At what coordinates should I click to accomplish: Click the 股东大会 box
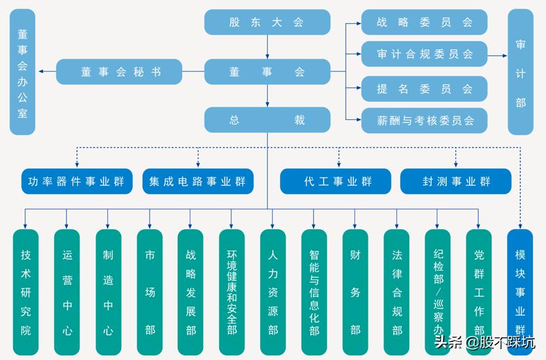click(x=267, y=22)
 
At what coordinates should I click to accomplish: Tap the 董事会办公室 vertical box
click(x=23, y=72)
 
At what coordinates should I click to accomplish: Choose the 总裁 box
click(x=267, y=120)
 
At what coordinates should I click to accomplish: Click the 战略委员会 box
click(x=424, y=22)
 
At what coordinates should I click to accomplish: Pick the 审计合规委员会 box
click(x=424, y=54)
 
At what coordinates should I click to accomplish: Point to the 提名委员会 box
click(x=424, y=89)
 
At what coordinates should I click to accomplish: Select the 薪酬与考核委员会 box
click(x=424, y=120)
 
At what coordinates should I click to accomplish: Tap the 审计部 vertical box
click(x=520, y=72)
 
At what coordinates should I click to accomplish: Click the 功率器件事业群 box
click(x=76, y=181)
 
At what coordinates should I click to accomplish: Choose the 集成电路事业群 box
click(x=198, y=181)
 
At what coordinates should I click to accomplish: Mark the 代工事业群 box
click(x=338, y=181)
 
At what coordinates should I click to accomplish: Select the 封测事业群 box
click(x=456, y=181)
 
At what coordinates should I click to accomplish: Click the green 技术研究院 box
click(x=26, y=292)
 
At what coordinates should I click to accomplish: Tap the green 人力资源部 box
click(x=272, y=292)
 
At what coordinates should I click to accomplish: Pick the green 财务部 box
click(x=355, y=292)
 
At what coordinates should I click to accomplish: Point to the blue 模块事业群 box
click(x=520, y=292)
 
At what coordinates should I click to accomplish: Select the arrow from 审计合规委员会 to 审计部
click(x=497, y=56)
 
